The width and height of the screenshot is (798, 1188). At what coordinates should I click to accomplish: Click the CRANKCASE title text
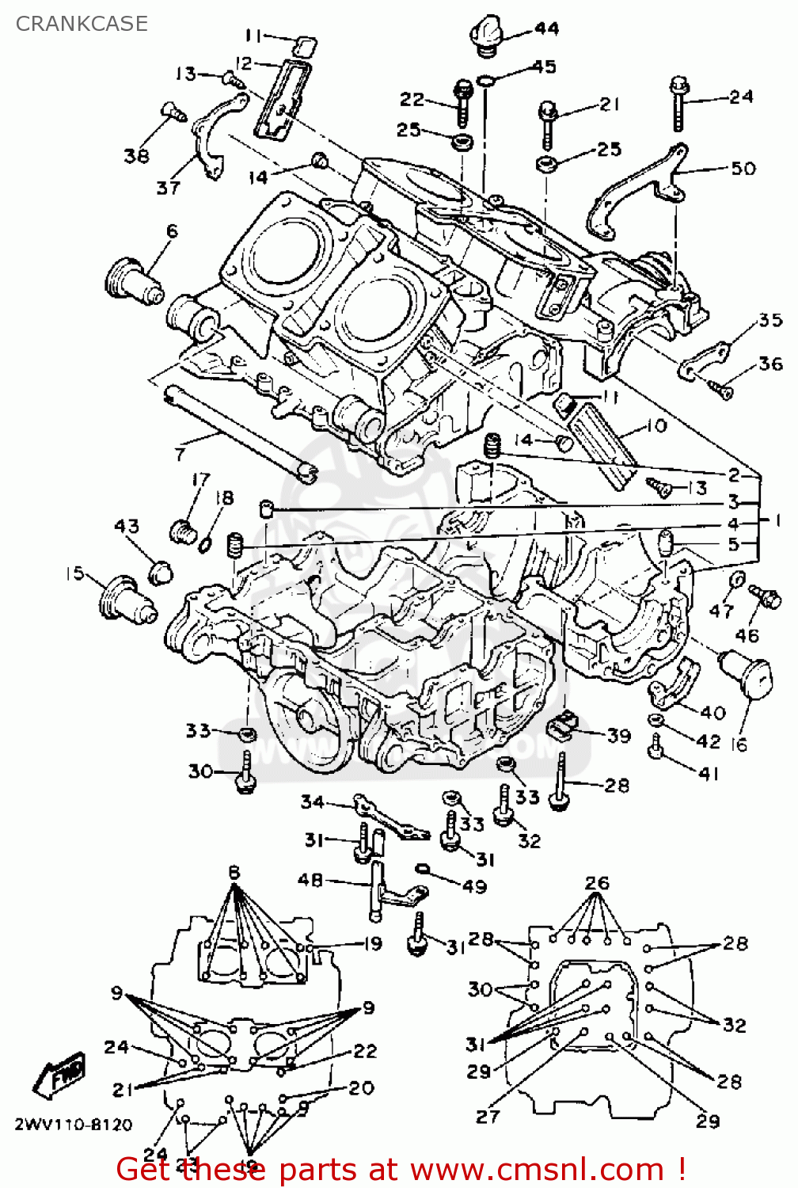tap(82, 24)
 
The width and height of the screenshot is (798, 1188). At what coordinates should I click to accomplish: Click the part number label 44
tap(546, 29)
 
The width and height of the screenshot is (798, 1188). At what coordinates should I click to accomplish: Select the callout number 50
tap(743, 168)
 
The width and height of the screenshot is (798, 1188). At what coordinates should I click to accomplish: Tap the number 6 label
tap(172, 231)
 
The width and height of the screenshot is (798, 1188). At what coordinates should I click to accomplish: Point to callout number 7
tap(180, 454)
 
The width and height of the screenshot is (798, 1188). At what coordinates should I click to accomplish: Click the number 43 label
tap(127, 526)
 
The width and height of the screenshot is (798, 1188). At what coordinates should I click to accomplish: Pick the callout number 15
tap(74, 573)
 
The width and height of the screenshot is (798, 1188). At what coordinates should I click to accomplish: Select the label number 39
tap(619, 735)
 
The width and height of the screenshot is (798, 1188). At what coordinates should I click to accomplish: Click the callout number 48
tap(310, 880)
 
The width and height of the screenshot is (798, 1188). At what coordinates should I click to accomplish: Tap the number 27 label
tap(488, 1116)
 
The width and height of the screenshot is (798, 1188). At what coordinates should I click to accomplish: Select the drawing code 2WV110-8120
tap(73, 1125)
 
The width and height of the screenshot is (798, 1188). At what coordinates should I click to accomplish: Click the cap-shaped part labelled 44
tap(484, 36)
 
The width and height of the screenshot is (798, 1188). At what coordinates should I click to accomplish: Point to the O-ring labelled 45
tap(487, 80)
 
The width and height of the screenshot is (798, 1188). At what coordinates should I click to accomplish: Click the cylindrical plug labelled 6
tap(132, 281)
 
